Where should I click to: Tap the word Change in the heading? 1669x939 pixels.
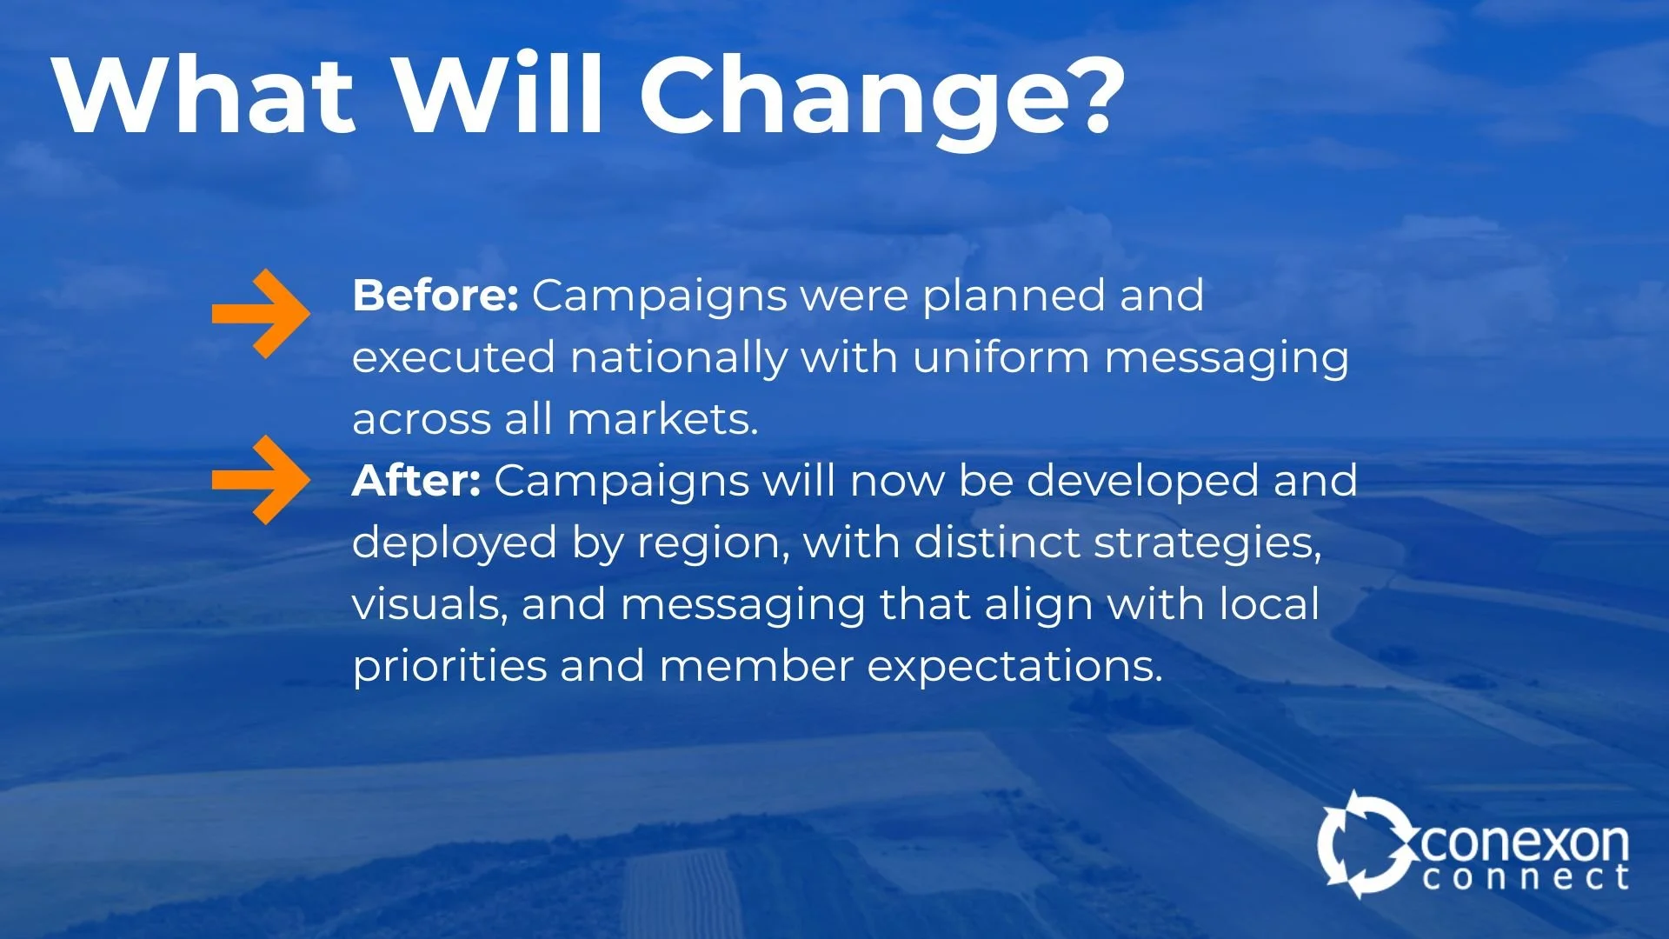(856, 97)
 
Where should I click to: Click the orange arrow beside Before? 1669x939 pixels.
(261, 313)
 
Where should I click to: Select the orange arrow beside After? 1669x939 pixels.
(261, 480)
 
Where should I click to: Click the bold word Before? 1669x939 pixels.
(436, 296)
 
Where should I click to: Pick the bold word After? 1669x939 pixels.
(416, 480)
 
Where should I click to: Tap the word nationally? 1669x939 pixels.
(679, 357)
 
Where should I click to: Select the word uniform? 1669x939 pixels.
(1001, 357)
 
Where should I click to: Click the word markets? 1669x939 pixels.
(662, 419)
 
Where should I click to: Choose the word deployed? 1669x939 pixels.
(455, 543)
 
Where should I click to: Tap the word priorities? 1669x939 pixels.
(449, 666)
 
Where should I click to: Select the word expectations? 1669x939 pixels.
(1014, 667)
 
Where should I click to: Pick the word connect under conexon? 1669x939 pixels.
(1526, 877)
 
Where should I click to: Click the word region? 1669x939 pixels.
(714, 544)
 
